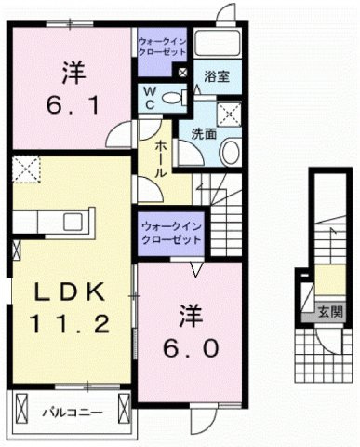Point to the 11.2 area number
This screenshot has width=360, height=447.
pos(69,325)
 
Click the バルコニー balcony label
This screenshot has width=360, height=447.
pos(71,410)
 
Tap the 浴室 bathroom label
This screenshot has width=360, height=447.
pos(217,74)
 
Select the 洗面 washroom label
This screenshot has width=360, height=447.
pos(205,133)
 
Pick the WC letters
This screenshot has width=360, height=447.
pos(149,98)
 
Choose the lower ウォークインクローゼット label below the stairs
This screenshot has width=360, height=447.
pos(171,234)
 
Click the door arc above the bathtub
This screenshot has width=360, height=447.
pos(224,14)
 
